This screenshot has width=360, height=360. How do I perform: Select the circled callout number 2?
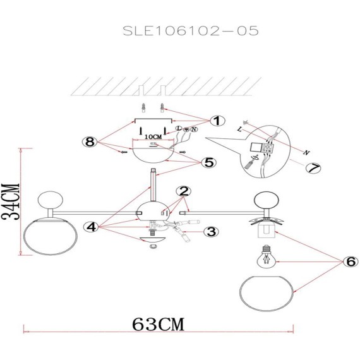tap(184, 191)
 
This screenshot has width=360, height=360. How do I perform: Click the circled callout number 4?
tap(92, 226)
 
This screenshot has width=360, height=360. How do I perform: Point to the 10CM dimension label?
tap(152, 136)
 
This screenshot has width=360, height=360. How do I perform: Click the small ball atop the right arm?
tap(267, 201)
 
